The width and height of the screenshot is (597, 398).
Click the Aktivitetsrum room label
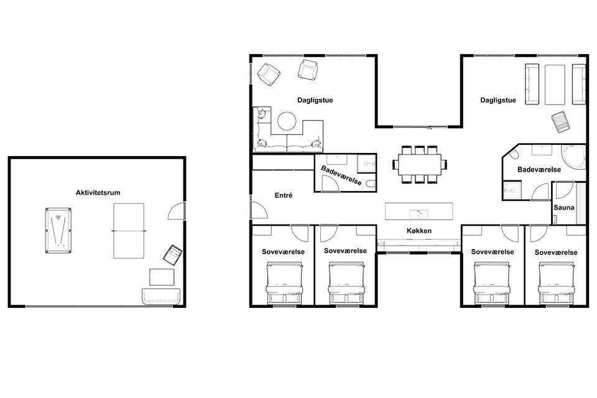[x=98, y=193]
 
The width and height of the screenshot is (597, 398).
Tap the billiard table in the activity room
[x=58, y=231]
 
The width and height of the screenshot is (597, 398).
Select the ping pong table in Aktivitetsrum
[x=129, y=231]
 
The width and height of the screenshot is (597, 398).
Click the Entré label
[x=284, y=195]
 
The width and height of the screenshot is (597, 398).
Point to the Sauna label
[x=564, y=208]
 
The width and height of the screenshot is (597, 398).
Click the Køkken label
[x=419, y=231]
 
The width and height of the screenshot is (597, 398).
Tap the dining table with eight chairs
[x=420, y=165]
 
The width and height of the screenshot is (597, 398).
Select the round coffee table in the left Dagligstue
[x=287, y=121]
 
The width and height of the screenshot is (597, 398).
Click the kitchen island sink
[x=419, y=214]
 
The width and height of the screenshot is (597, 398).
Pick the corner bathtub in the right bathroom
[x=573, y=156]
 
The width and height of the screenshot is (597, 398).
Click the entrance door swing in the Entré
[x=259, y=210]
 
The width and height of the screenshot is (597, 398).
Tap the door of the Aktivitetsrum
[x=177, y=211]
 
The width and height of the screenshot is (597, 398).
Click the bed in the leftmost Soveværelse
[x=284, y=283]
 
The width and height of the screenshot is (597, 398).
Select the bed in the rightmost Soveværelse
[x=556, y=283]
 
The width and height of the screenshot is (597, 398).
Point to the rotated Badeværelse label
[x=341, y=175]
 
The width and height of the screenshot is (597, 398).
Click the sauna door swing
[x=564, y=190]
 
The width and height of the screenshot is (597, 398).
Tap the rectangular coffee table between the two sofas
[x=555, y=85]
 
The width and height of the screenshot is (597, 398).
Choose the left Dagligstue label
[x=315, y=100]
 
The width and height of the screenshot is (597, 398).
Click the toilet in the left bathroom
[x=371, y=184]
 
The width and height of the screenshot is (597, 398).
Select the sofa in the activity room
[x=161, y=296]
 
